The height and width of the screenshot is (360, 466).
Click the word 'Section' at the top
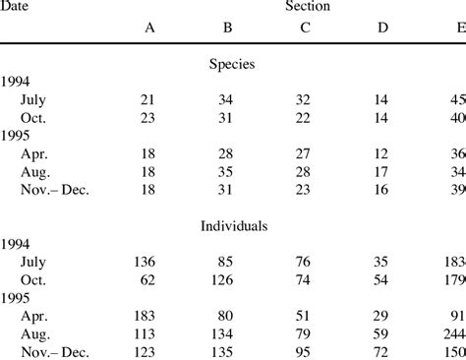point(307,7)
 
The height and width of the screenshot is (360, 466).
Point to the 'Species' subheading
point(233,64)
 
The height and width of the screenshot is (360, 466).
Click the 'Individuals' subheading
point(233,225)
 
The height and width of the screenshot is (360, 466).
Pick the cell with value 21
point(149,98)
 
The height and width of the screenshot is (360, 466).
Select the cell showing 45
point(456,98)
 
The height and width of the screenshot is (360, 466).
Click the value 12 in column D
point(381,152)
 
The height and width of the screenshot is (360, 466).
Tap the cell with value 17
point(381,170)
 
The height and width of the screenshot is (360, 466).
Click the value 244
point(453,332)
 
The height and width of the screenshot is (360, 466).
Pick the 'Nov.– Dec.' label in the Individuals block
point(54,349)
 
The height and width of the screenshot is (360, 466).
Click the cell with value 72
point(381,349)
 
